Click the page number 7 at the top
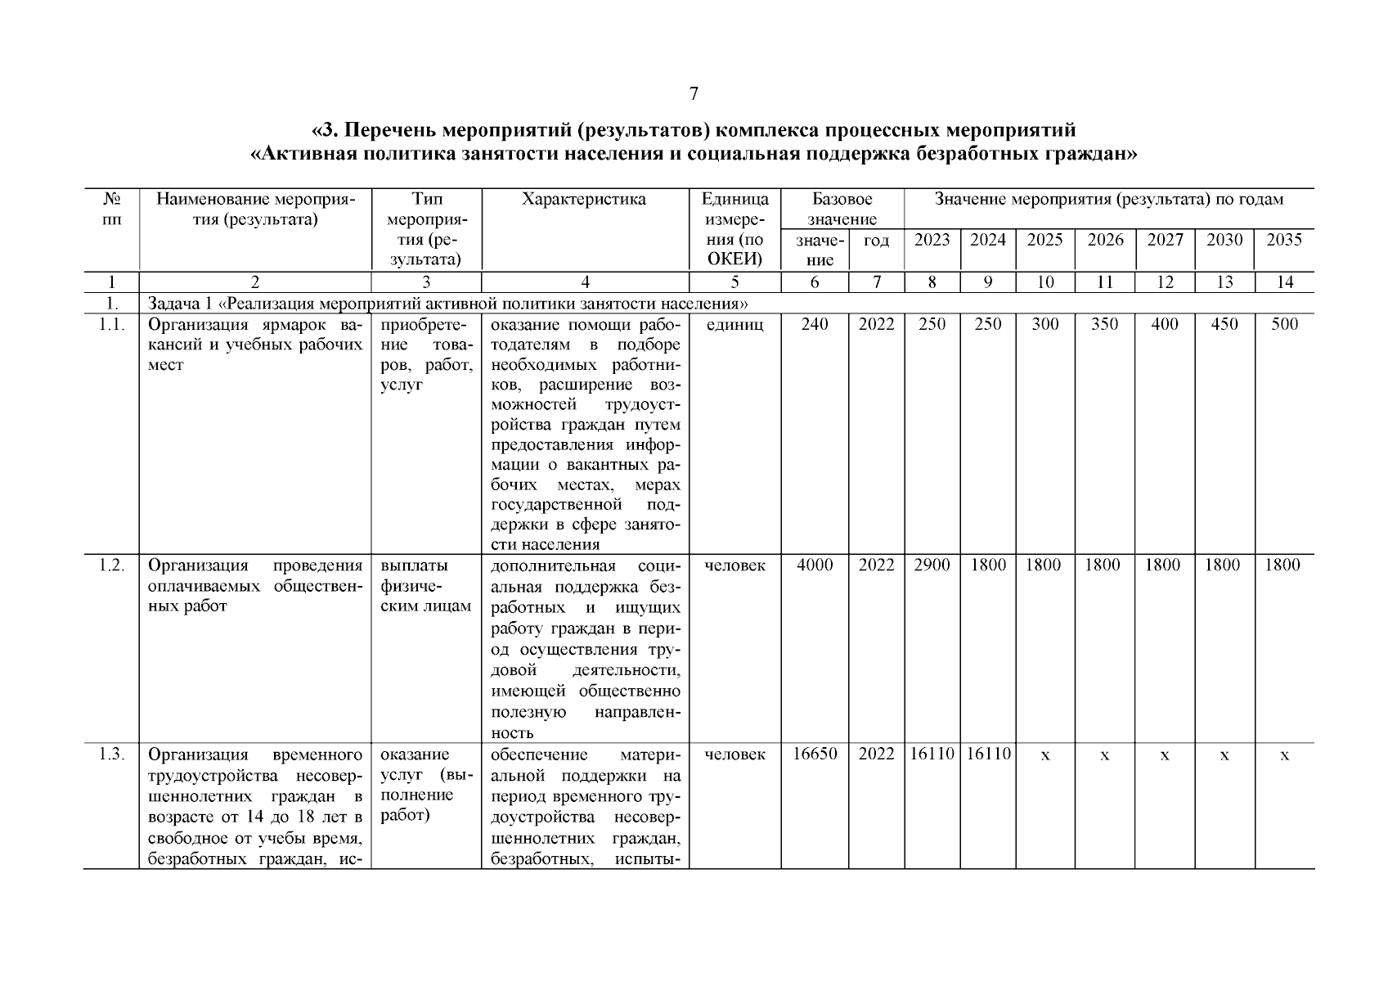click(694, 94)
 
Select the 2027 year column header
click(1164, 240)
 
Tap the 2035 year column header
click(1284, 240)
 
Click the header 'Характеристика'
click(584, 200)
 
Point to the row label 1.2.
click(111, 565)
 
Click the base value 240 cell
click(815, 324)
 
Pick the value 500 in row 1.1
click(1284, 324)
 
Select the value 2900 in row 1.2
click(932, 565)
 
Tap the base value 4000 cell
click(815, 565)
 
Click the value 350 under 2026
click(1104, 324)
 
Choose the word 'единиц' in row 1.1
click(734, 324)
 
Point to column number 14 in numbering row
click(1284, 282)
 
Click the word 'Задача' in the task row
click(171, 304)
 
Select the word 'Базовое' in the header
click(842, 200)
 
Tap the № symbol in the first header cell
click(111, 200)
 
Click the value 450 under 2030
click(1224, 324)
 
